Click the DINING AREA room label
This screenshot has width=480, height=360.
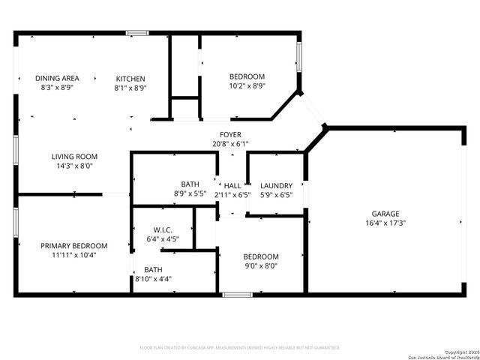coord(57,78)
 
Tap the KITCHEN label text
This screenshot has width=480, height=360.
coord(130,79)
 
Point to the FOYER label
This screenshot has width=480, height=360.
coord(229,134)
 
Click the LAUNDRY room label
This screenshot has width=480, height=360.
coord(275,186)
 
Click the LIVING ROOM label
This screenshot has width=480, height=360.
coord(74,157)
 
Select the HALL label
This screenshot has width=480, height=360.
coord(232,186)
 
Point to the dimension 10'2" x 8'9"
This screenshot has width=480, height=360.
coord(247,86)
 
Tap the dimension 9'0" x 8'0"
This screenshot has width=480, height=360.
coord(260,265)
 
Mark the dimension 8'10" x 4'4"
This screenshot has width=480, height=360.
coord(153,279)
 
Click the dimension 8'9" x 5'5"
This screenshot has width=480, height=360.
coord(190,194)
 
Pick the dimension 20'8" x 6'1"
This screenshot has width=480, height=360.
coord(229,143)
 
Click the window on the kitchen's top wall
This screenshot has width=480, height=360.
coord(136,32)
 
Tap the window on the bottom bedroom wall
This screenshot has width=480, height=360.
coord(236,295)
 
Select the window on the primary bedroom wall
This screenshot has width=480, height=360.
coord(16,222)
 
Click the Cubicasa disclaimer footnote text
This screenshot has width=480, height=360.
coord(240,348)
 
